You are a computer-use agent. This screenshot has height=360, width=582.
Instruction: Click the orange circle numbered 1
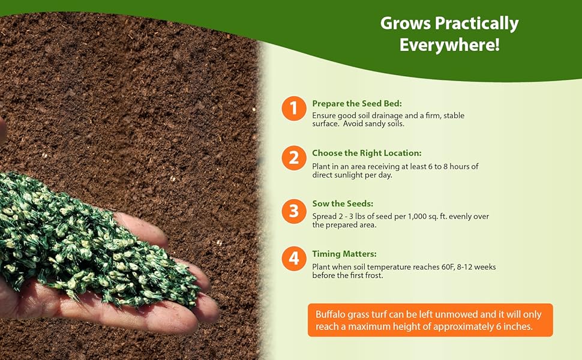(293, 109)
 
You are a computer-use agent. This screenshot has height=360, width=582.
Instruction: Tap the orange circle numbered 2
(293, 158)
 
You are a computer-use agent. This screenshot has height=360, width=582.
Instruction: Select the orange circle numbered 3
(293, 211)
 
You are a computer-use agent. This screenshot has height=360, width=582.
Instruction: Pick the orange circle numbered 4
(293, 259)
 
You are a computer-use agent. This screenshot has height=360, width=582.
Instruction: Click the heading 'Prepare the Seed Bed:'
(356, 104)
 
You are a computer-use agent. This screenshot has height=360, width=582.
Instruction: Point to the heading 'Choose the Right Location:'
(367, 153)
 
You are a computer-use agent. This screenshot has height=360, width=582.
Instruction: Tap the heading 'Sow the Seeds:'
(343, 203)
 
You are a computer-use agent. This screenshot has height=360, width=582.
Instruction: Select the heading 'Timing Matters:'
(344, 254)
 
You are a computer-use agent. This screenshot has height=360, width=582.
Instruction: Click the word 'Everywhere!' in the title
(449, 45)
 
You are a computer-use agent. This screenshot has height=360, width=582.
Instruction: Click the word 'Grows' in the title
(406, 23)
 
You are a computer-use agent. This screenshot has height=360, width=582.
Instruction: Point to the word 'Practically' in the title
(476, 24)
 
